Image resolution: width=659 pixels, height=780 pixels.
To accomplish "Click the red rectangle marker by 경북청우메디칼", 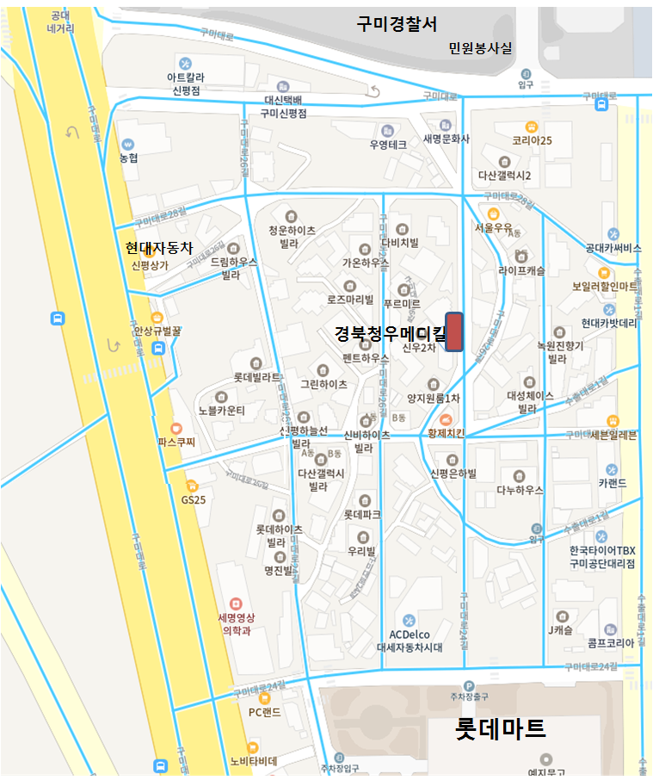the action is click(x=454, y=332).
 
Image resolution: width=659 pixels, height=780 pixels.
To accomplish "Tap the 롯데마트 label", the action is click(x=500, y=729).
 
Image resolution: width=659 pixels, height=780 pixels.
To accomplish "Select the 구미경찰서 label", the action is click(x=397, y=24).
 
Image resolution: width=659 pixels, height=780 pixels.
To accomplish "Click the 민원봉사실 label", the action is click(x=480, y=48).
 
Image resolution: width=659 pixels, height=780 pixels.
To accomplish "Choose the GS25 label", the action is click(x=193, y=498).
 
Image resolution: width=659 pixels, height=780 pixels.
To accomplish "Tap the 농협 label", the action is click(x=128, y=158).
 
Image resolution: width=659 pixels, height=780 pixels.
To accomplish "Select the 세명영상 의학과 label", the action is click(x=237, y=624).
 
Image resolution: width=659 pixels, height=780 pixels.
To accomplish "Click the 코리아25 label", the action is click(x=531, y=140).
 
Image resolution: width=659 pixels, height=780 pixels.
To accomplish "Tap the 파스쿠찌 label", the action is click(x=176, y=442).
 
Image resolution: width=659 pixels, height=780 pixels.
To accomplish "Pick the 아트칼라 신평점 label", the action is click(x=186, y=83).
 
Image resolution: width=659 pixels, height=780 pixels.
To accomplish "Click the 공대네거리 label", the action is click(x=60, y=22).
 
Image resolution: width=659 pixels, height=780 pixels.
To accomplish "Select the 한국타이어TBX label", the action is click(x=601, y=550).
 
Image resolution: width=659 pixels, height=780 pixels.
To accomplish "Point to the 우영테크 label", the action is click(x=387, y=145).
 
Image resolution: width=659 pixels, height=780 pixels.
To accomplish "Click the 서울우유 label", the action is click(x=494, y=228).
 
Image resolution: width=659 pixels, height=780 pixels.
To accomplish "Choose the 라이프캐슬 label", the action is click(x=521, y=269).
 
